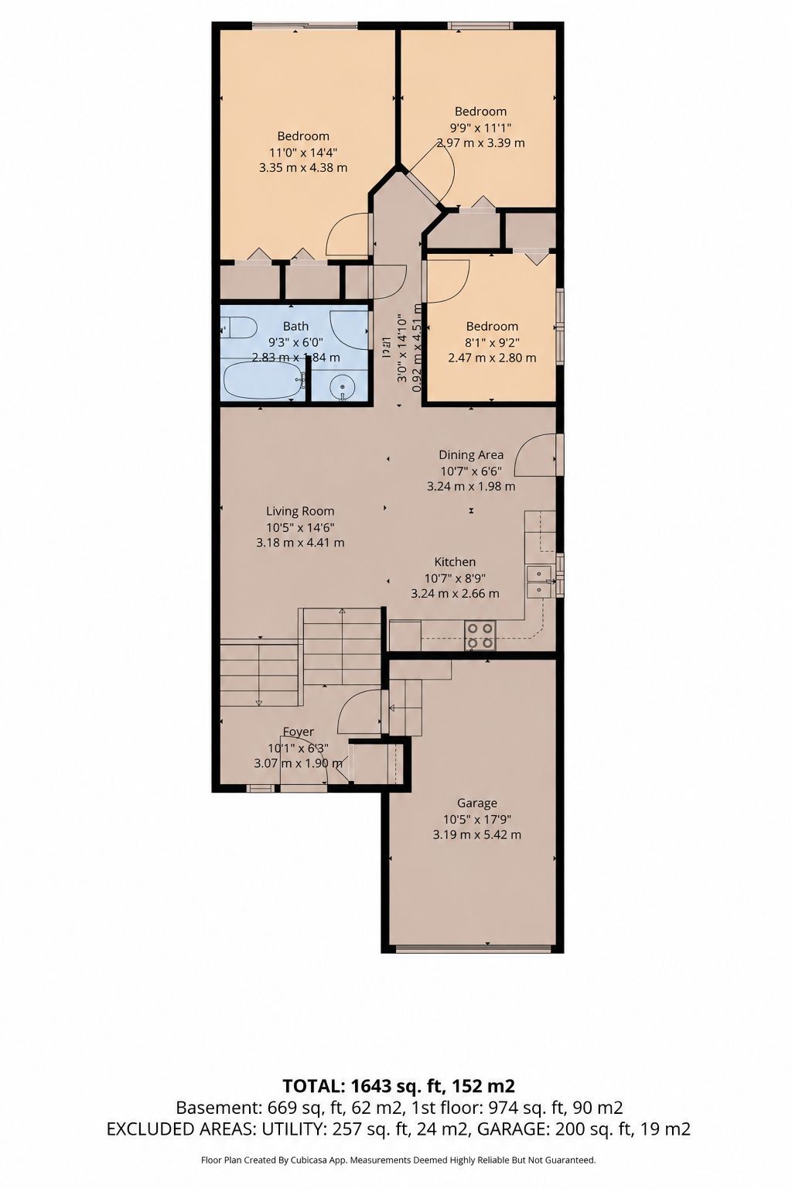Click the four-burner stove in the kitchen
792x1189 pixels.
tap(480, 636)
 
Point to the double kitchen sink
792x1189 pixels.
tap(539, 582)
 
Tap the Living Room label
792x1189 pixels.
tap(300, 511)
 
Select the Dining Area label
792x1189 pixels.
tap(471, 455)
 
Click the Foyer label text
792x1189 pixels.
tap(298, 732)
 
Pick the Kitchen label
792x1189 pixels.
tap(455, 561)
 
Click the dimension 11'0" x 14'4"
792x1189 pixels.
tap(303, 152)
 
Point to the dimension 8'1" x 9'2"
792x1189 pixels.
tap(492, 342)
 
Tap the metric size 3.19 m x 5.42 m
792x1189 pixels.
tap(477, 835)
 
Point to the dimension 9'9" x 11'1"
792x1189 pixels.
tap(480, 128)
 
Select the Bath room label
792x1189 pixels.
tap(295, 326)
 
